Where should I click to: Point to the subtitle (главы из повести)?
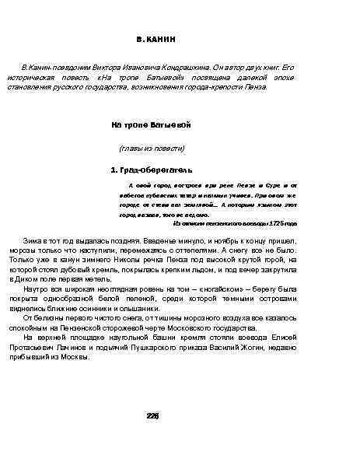click(151, 148)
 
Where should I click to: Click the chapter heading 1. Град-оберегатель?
click(152, 170)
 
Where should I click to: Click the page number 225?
click(152, 415)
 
